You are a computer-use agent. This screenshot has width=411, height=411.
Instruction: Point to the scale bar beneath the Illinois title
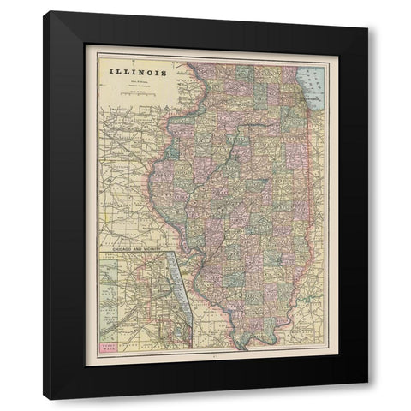tap(137, 97)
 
